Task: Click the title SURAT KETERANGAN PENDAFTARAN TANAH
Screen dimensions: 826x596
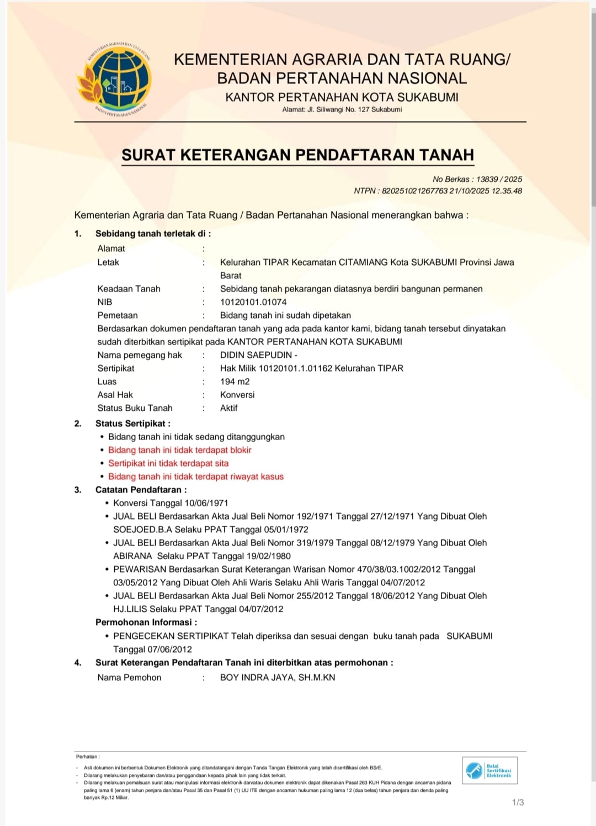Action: click(x=297, y=155)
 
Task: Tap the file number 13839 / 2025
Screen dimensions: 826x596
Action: click(x=499, y=179)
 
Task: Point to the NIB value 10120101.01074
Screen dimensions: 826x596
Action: click(x=253, y=302)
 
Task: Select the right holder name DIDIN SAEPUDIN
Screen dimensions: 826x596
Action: click(x=256, y=355)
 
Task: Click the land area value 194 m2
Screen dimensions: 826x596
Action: click(x=235, y=382)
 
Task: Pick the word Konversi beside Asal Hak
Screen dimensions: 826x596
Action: click(x=237, y=395)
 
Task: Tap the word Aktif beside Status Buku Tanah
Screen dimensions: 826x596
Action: click(x=228, y=408)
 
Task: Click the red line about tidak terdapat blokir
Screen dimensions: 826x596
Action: click(x=179, y=450)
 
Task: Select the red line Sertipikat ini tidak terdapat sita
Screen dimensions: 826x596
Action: click(x=168, y=463)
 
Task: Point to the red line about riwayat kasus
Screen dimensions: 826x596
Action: click(x=195, y=476)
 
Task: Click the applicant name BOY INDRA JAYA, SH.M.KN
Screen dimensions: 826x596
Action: click(x=278, y=677)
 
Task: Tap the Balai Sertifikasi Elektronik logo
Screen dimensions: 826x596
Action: click(x=489, y=770)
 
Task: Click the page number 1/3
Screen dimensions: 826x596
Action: click(x=518, y=802)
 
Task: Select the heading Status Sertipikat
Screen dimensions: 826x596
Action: click(x=132, y=423)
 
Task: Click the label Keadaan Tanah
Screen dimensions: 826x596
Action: click(x=129, y=289)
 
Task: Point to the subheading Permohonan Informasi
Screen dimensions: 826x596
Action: click(x=146, y=622)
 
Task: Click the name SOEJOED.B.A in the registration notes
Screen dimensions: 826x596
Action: click(x=142, y=530)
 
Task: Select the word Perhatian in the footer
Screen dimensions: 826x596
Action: click(x=87, y=756)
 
